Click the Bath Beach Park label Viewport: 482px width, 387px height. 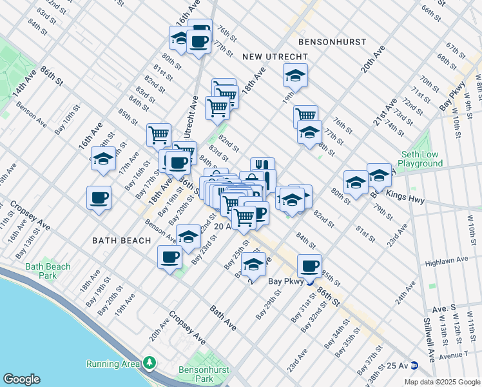pyautogui.click(x=48, y=271)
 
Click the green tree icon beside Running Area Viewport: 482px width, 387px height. pyautogui.click(x=149, y=364)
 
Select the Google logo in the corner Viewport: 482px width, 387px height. pyautogui.click(x=21, y=379)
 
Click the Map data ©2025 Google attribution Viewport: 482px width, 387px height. pyautogui.click(x=442, y=382)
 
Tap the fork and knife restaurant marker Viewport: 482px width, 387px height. pyautogui.click(x=262, y=166)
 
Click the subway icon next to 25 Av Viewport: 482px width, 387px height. pyautogui.click(x=415, y=365)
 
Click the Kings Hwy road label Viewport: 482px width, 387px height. pyautogui.click(x=405, y=199)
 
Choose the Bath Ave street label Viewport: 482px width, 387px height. pyautogui.click(x=222, y=319)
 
